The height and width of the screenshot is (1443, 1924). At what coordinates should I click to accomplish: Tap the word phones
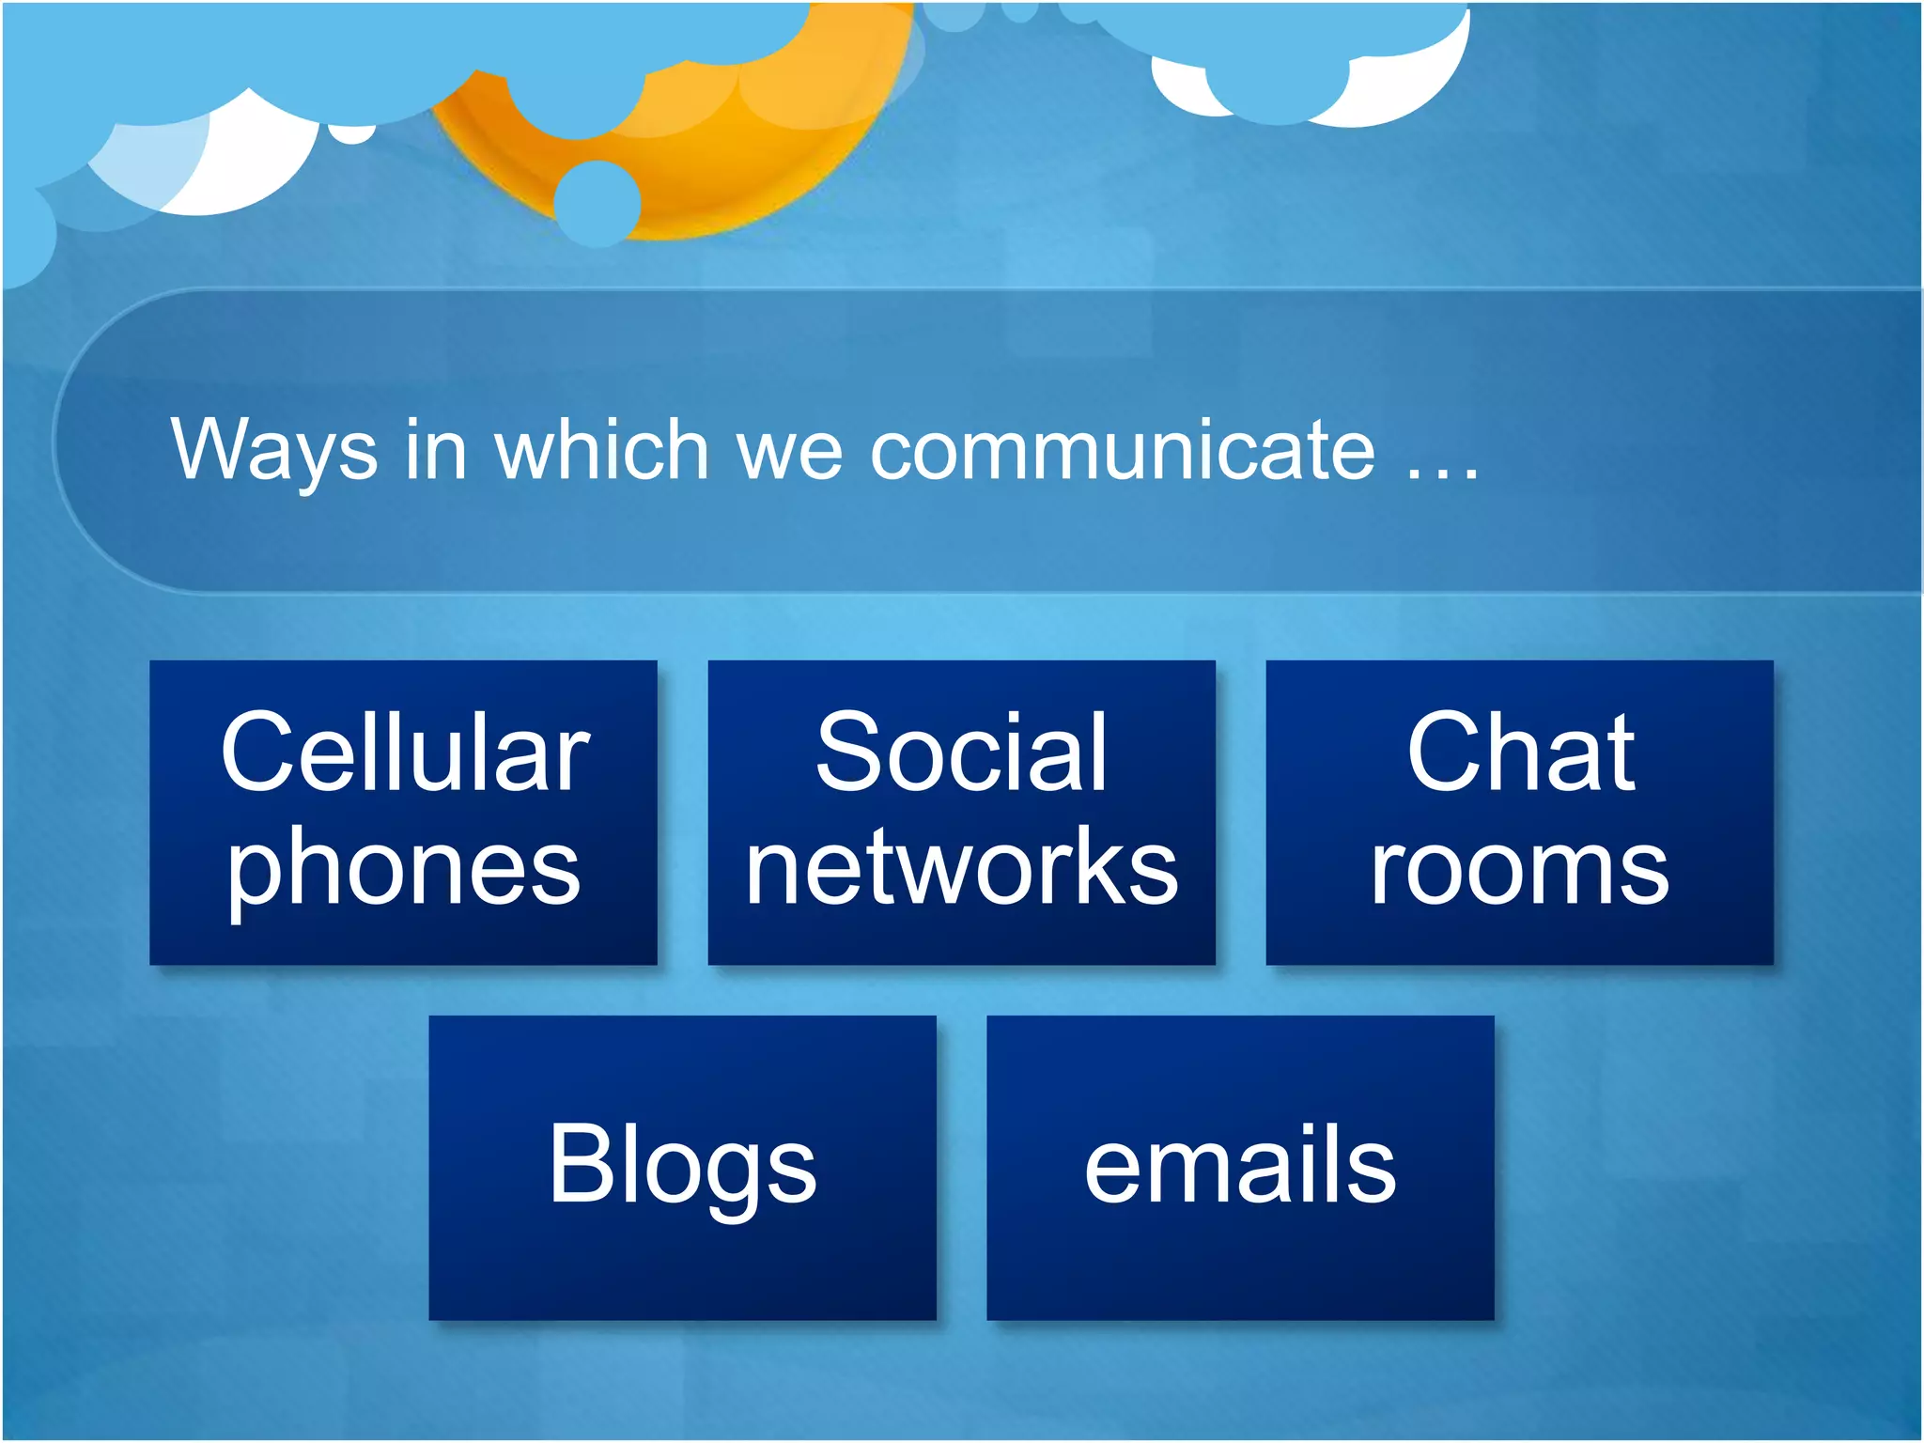(x=404, y=869)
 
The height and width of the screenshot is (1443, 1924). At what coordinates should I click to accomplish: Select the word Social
(x=961, y=753)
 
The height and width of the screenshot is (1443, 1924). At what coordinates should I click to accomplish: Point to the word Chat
(x=1520, y=753)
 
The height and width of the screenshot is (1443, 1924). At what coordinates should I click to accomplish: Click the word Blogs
(x=683, y=1165)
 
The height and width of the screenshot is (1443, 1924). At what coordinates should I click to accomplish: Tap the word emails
(x=1240, y=1165)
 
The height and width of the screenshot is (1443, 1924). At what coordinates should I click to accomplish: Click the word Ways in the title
(x=273, y=451)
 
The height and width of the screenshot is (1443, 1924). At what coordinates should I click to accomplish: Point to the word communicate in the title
(x=1123, y=451)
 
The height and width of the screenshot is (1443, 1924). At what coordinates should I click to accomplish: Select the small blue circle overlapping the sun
(x=597, y=203)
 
